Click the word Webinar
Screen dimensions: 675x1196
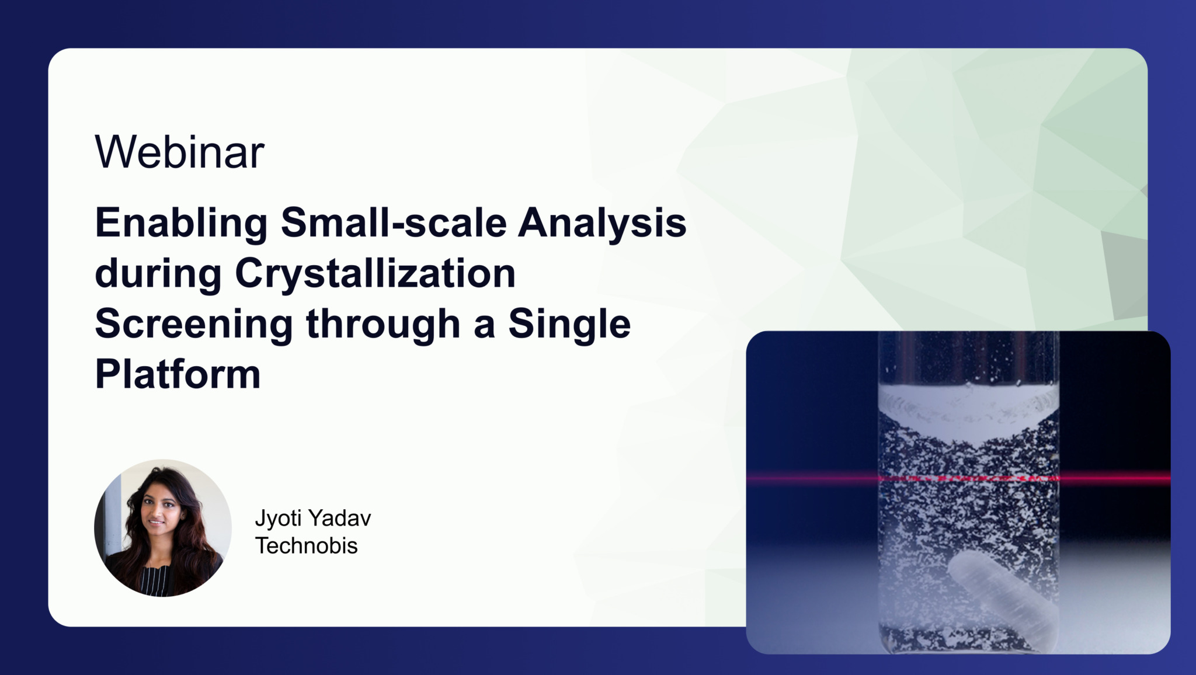coord(179,152)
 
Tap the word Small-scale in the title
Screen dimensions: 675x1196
coord(394,223)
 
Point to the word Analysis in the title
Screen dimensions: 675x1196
coord(602,223)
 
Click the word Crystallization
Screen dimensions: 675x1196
coord(375,273)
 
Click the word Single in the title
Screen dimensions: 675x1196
coord(569,324)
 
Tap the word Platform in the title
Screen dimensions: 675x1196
coord(178,374)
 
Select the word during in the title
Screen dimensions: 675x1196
coord(158,273)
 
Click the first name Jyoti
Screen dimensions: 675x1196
coord(279,518)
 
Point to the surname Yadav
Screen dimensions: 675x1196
coord(340,518)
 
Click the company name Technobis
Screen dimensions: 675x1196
coord(307,546)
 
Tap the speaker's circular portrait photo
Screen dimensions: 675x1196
coord(163,528)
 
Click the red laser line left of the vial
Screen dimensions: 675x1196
coord(812,478)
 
